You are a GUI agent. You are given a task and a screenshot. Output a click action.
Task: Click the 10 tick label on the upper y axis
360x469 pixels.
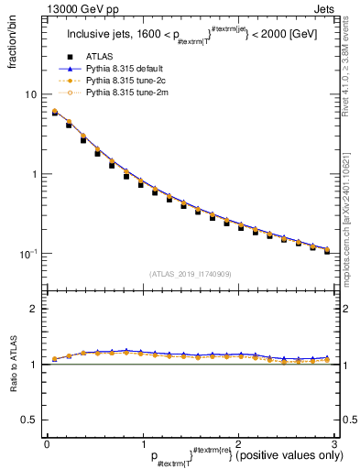pos(30,94)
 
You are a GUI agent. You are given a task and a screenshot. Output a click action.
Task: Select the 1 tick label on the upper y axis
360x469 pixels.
pos(33,174)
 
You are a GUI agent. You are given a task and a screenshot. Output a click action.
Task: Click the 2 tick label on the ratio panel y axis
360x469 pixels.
pos(33,309)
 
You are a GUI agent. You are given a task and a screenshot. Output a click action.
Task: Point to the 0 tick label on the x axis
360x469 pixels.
pos(47,444)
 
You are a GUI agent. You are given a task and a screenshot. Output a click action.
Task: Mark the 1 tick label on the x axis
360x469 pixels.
pos(142,444)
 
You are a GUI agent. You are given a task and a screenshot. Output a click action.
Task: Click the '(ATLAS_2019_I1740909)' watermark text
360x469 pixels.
pos(191,274)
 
